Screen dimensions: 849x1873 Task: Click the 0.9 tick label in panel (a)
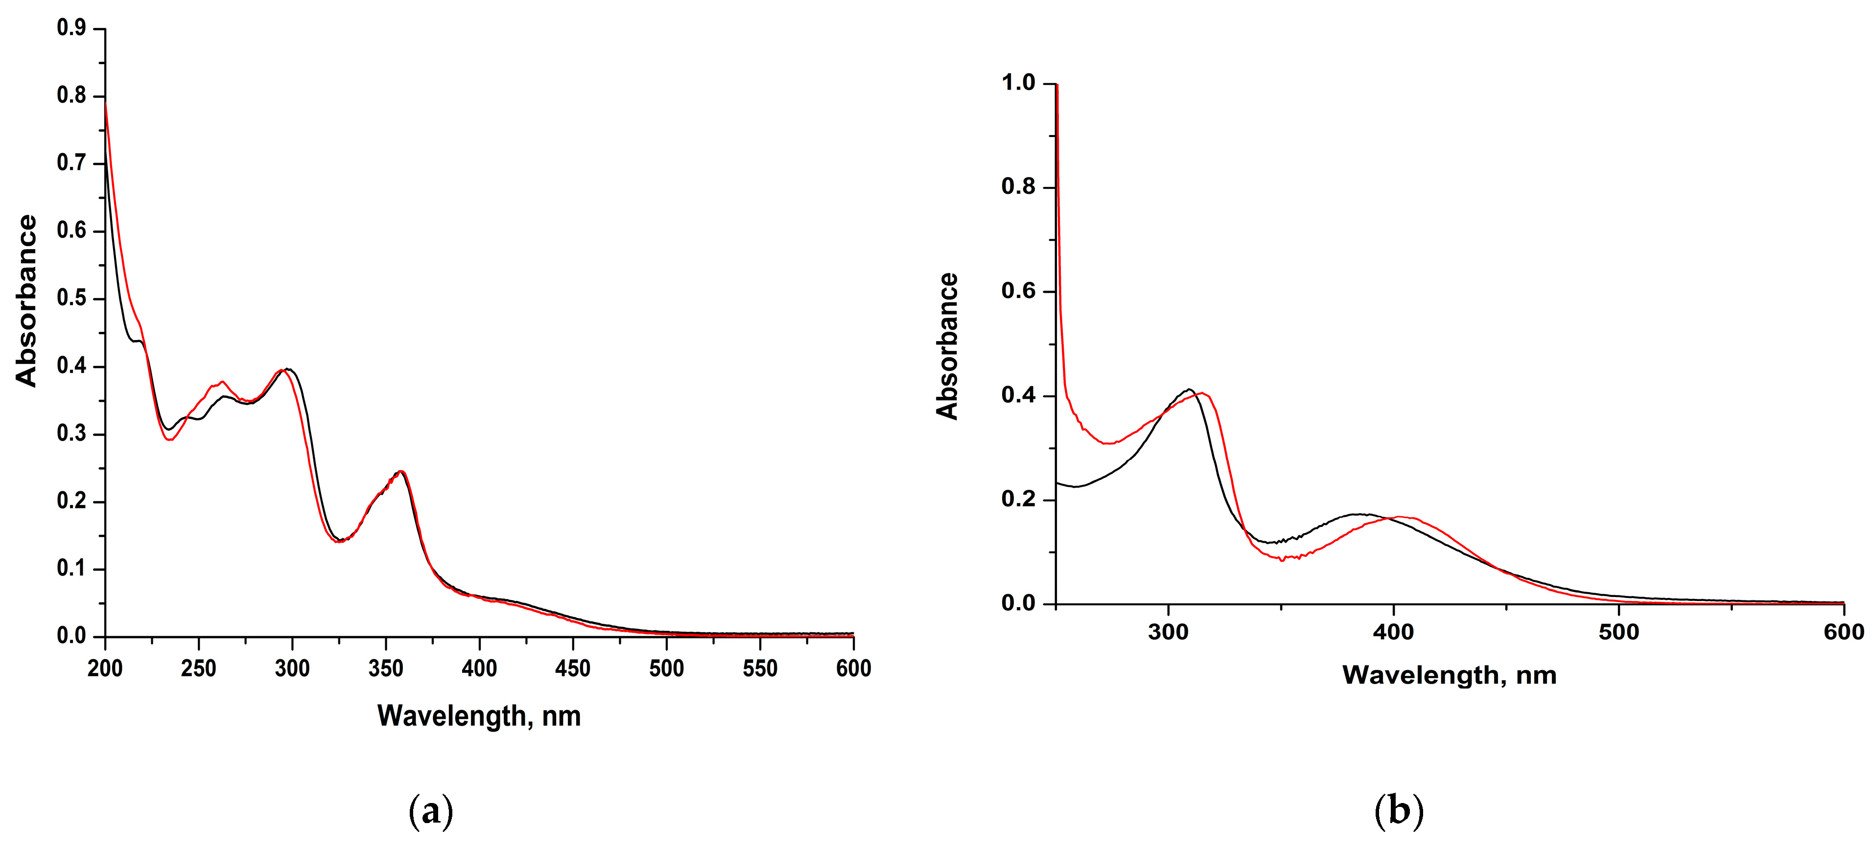(x=71, y=28)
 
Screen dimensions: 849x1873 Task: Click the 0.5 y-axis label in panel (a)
(x=71, y=299)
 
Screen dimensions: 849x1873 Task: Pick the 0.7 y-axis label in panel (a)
(x=71, y=163)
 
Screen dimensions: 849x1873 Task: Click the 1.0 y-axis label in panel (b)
(x=1018, y=83)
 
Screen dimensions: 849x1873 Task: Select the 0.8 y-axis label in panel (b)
(x=1018, y=187)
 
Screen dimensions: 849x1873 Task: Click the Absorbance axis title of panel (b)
(x=947, y=346)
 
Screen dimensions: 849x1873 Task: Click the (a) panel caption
(x=431, y=811)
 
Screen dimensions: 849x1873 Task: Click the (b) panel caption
(x=1398, y=811)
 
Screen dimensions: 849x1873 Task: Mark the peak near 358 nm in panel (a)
(x=400, y=471)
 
